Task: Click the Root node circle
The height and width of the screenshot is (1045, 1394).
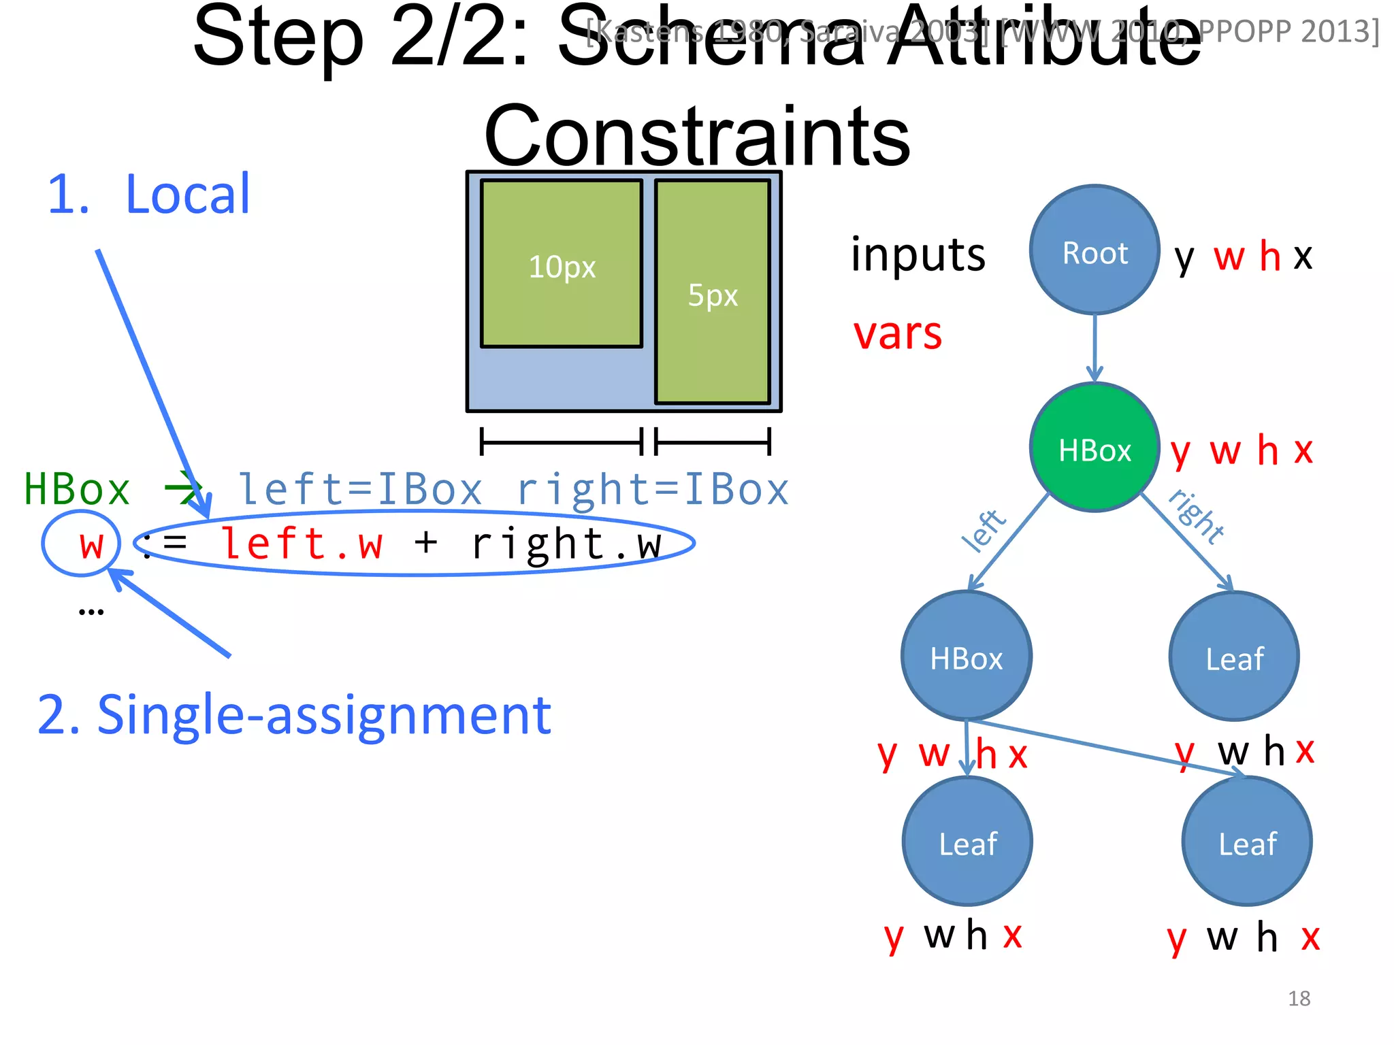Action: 1095,250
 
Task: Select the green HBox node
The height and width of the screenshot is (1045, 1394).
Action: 1095,448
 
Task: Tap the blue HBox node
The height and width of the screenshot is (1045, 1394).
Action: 967,657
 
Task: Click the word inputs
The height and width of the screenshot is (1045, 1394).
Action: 918,254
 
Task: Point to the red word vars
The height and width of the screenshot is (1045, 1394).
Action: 898,333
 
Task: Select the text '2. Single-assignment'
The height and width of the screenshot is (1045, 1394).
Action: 294,716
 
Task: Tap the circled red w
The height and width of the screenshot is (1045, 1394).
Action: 91,544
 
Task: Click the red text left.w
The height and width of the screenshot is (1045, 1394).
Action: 302,544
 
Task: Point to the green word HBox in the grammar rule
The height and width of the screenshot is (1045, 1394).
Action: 76,489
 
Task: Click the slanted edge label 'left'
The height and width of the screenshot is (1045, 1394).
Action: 983,530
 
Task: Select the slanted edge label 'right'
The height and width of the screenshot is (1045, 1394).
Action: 1197,516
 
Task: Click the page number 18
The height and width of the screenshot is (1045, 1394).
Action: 1299,998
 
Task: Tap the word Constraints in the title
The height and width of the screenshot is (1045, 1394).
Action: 697,136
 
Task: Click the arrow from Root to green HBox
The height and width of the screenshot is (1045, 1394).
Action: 1095,347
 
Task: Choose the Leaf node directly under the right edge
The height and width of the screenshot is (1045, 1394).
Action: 1234,657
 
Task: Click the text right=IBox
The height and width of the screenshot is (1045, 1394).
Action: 652,489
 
